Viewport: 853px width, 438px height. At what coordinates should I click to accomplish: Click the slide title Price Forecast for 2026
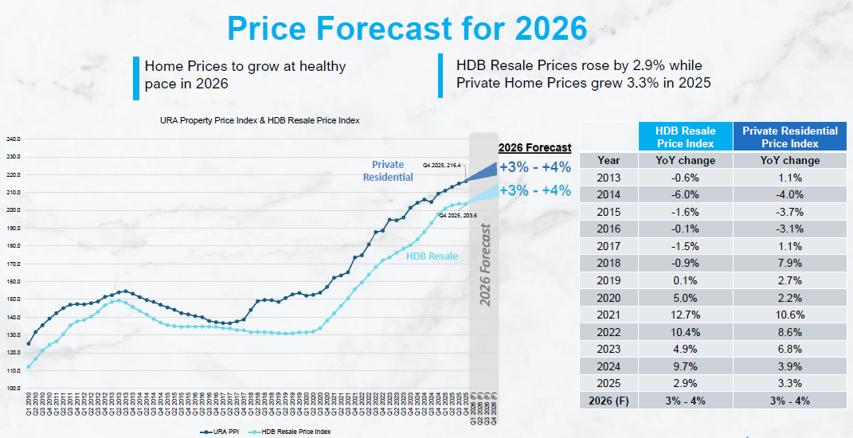point(407,29)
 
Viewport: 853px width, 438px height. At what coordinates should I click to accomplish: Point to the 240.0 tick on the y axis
point(14,139)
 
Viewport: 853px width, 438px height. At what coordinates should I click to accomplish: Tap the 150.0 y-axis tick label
point(14,299)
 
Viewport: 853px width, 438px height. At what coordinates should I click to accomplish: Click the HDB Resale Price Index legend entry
point(295,431)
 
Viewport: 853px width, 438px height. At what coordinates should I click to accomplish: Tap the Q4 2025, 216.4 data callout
point(443,166)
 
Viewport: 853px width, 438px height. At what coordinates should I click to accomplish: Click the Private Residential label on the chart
point(388,171)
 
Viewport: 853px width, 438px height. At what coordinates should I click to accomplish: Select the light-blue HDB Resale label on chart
point(432,256)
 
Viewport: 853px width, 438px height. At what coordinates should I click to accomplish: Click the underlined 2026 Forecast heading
point(534,147)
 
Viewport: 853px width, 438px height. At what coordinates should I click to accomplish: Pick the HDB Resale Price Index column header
point(685,137)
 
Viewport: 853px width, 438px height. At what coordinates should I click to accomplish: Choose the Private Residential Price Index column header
point(789,137)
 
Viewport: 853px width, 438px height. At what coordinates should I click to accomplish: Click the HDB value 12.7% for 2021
point(685,315)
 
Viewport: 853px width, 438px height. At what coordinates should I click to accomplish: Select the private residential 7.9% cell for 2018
point(789,263)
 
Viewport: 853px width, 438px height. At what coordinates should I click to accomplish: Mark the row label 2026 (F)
point(608,401)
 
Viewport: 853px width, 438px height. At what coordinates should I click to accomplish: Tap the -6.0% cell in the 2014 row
point(685,194)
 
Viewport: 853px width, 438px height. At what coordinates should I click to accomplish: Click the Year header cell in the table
point(608,160)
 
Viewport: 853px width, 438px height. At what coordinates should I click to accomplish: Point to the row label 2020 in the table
point(608,298)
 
